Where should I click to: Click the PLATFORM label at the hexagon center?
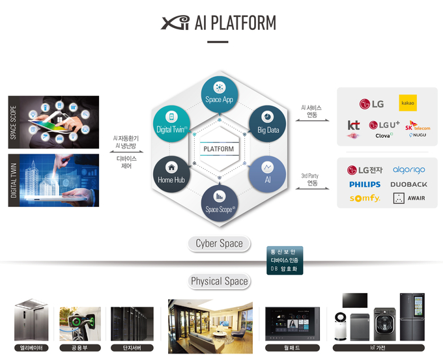pos(219,148)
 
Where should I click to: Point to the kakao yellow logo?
pos(408,104)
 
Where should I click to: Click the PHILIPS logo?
pos(365,184)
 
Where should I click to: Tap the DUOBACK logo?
pos(408,184)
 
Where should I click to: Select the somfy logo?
pos(365,199)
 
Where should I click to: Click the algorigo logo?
pos(408,170)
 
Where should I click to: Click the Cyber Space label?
pos(219,243)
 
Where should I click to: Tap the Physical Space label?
pos(219,281)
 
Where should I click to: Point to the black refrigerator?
pos(412,318)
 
